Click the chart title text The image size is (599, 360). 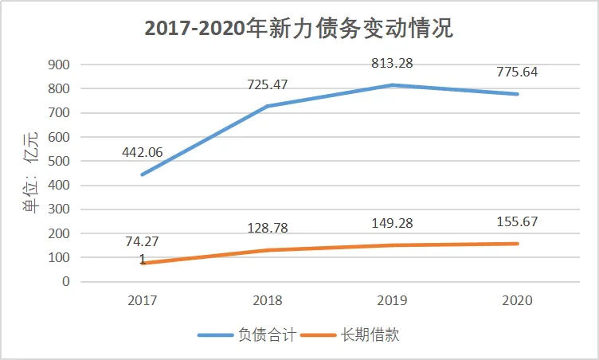click(299, 29)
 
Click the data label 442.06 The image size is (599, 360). click(144, 152)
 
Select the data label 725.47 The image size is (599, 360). click(269, 83)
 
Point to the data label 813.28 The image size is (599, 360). click(392, 63)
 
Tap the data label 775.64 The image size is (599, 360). click(516, 71)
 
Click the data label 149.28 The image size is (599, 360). click(392, 223)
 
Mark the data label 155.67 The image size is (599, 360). click(516, 221)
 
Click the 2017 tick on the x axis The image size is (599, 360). click(143, 300)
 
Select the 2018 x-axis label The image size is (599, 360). click(268, 300)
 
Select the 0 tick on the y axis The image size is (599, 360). click(66, 282)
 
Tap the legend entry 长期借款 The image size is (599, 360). click(370, 335)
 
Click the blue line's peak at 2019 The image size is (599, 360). click(393, 84)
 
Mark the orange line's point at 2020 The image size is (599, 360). click(518, 244)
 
